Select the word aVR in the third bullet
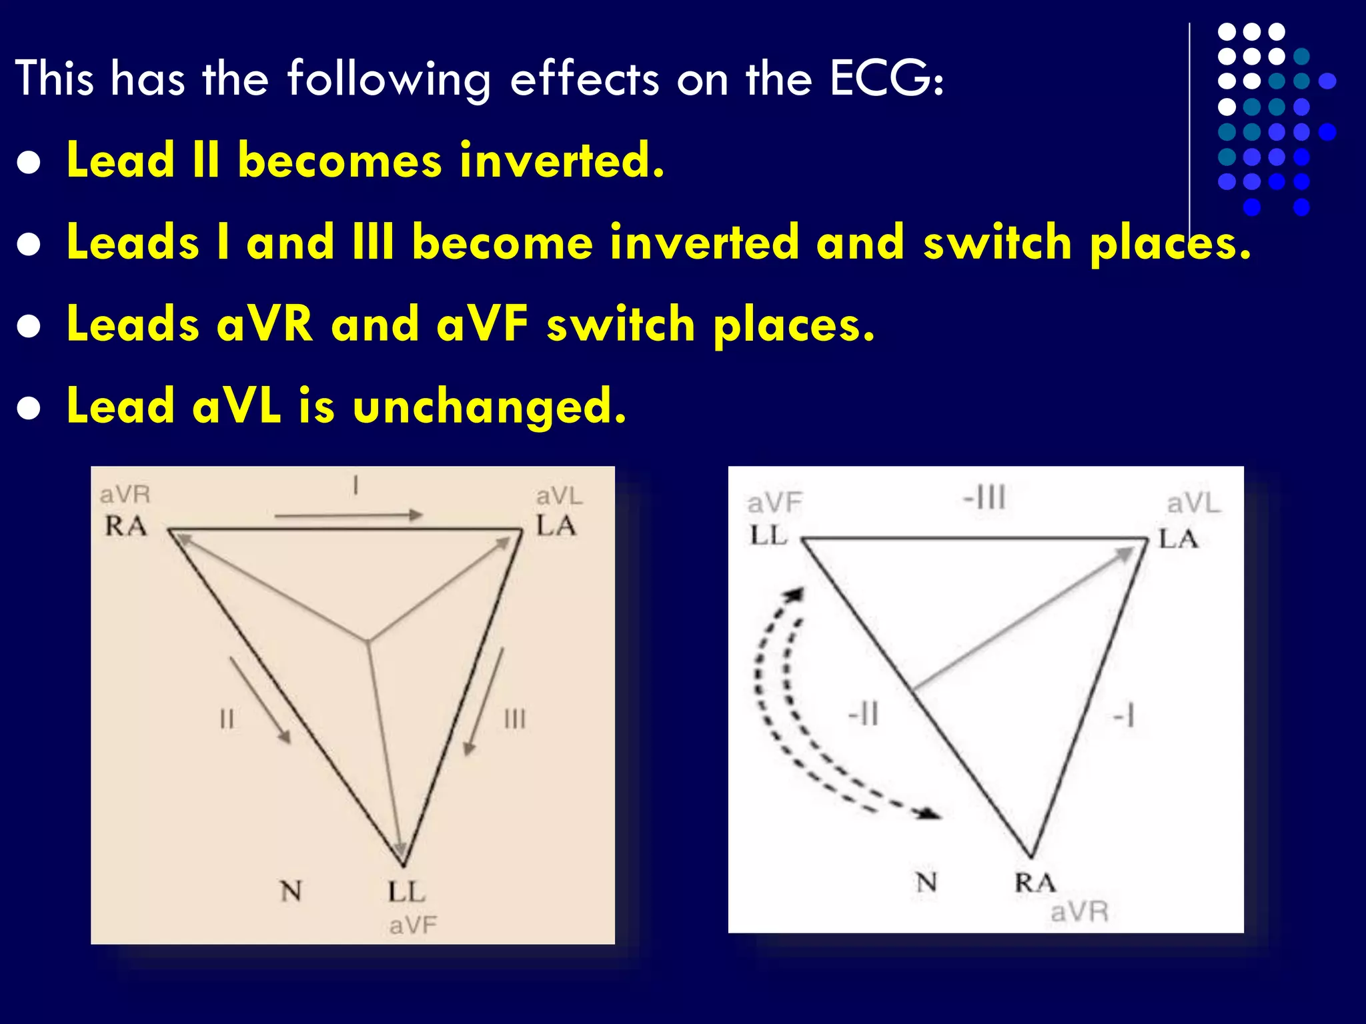(x=264, y=324)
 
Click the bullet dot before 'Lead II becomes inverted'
(x=29, y=163)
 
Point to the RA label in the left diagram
(x=125, y=527)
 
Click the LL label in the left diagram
(x=406, y=892)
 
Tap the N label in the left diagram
(x=291, y=891)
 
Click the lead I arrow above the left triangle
(x=348, y=515)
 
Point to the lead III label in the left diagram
(x=515, y=719)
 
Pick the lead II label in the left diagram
(x=227, y=719)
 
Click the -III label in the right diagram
(x=984, y=498)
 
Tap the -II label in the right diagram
(x=864, y=715)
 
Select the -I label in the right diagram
(x=1124, y=717)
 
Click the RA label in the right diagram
(x=1035, y=883)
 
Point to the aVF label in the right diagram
(x=774, y=503)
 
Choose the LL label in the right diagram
(x=769, y=535)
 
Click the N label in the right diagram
(x=926, y=883)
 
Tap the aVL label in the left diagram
(x=559, y=496)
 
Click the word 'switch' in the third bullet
(x=620, y=324)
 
